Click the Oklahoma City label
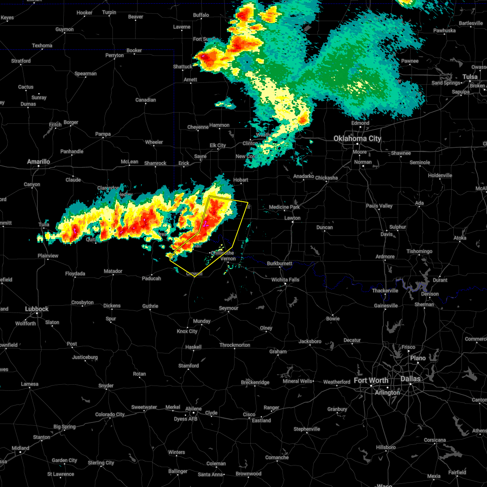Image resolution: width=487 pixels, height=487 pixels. [x=358, y=139]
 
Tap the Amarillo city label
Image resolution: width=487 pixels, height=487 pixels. [x=39, y=162]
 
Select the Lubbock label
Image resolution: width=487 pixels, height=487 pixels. [x=37, y=309]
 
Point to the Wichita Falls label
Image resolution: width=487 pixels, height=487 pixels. [x=285, y=280]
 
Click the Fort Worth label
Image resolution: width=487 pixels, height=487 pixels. [x=371, y=380]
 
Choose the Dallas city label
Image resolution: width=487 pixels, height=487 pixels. [x=411, y=379]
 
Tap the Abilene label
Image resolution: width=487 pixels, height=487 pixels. [x=194, y=409]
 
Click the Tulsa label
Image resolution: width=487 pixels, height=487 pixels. [x=470, y=77]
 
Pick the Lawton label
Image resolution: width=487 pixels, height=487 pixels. [x=292, y=218]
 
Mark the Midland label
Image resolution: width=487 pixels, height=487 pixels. [x=20, y=448]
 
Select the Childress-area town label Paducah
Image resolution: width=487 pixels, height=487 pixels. [x=151, y=278]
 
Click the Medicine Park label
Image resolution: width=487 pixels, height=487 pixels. [x=284, y=207]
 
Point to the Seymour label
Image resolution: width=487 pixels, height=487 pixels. [x=228, y=308]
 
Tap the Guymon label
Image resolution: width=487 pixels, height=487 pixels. [x=65, y=29]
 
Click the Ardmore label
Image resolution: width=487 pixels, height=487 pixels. [x=385, y=256]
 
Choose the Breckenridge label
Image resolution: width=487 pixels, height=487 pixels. [x=255, y=382]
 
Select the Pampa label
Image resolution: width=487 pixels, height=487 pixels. [x=103, y=134]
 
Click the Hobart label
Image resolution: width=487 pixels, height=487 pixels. [x=241, y=180]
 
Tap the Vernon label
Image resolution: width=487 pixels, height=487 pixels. [x=228, y=259]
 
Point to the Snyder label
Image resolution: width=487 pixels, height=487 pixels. [x=106, y=386]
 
